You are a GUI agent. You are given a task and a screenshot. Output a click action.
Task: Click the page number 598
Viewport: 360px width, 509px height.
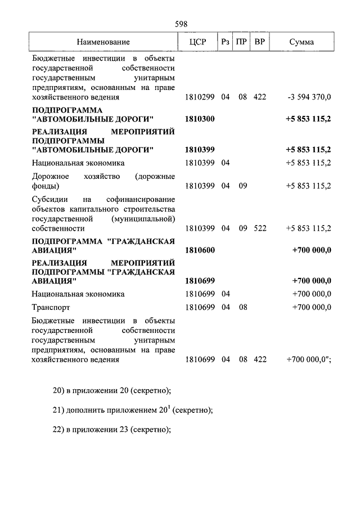(180, 24)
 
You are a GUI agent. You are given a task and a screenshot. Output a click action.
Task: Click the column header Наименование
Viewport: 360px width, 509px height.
(103, 42)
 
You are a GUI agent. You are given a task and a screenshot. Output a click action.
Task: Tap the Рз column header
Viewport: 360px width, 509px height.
(226, 42)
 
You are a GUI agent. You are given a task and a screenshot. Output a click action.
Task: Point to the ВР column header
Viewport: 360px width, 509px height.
(259, 42)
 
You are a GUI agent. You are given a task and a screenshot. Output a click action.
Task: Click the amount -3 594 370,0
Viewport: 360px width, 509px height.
(309, 97)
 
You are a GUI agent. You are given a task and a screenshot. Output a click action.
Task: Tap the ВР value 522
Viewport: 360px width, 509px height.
(259, 228)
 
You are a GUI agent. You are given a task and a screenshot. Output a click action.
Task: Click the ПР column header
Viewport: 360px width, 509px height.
(242, 42)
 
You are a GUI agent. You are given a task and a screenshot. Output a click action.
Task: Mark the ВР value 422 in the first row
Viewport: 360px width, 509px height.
(259, 97)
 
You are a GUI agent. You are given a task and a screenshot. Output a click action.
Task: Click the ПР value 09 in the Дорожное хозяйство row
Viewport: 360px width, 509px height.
(242, 185)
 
